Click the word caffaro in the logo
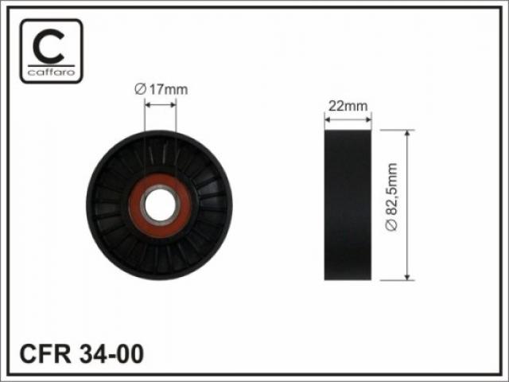tap(51, 72)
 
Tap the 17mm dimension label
tap(168, 89)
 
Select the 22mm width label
tap(348, 106)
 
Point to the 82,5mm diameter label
tap(391, 197)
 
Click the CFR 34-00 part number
tap(81, 353)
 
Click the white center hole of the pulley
tap(160, 205)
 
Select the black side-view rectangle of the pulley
tap(348, 205)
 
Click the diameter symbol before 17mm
tap(140, 89)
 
